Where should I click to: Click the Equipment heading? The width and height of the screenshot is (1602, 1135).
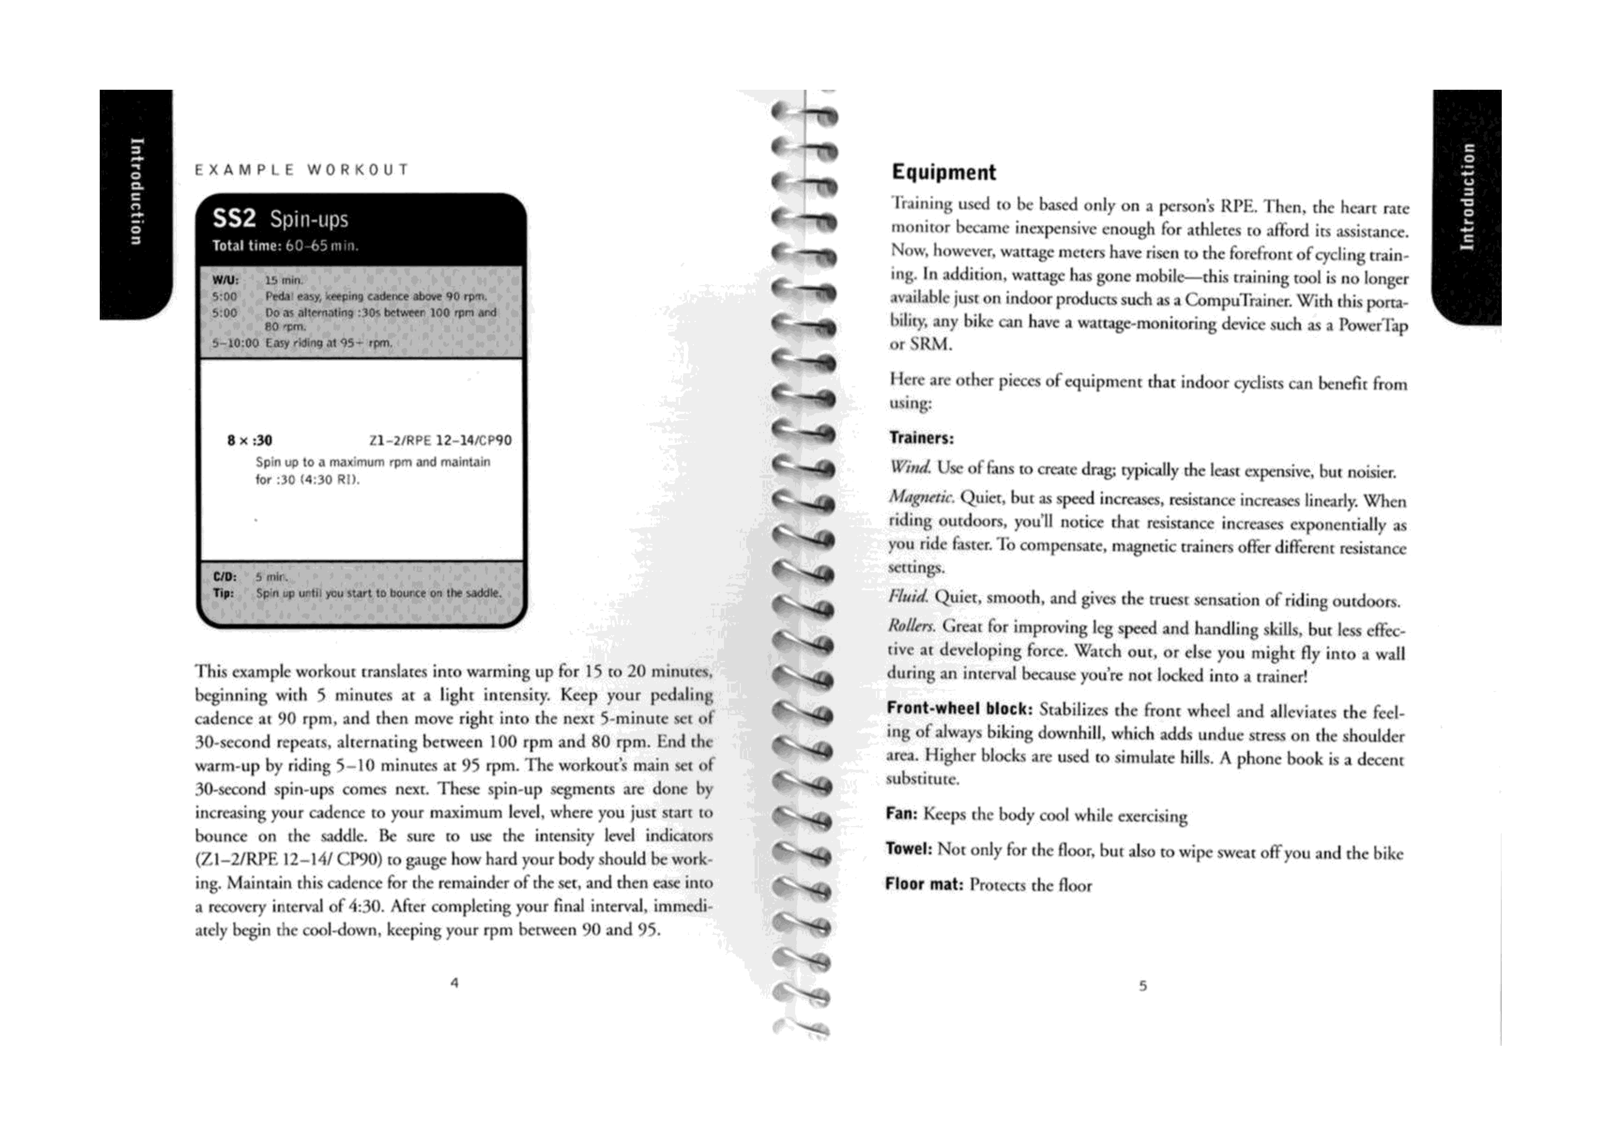tap(944, 173)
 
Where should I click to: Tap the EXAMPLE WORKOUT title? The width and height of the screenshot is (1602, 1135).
tap(302, 170)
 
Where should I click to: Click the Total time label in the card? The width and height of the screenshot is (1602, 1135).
tap(246, 246)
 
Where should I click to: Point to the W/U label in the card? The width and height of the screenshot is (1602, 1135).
tap(225, 280)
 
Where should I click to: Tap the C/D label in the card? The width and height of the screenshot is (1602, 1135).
tap(225, 578)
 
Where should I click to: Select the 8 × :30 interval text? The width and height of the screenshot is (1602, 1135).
tap(250, 440)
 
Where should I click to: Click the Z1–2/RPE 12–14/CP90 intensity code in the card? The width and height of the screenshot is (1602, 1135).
tap(440, 440)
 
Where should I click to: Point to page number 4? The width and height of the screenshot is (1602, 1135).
tap(454, 982)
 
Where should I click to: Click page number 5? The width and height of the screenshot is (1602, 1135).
tap(1143, 986)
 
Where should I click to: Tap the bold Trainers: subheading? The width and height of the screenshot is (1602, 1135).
tap(921, 438)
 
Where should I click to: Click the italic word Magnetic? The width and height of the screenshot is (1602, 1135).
tap(921, 498)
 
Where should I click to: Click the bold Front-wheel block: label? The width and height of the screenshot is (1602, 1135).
tap(959, 708)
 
